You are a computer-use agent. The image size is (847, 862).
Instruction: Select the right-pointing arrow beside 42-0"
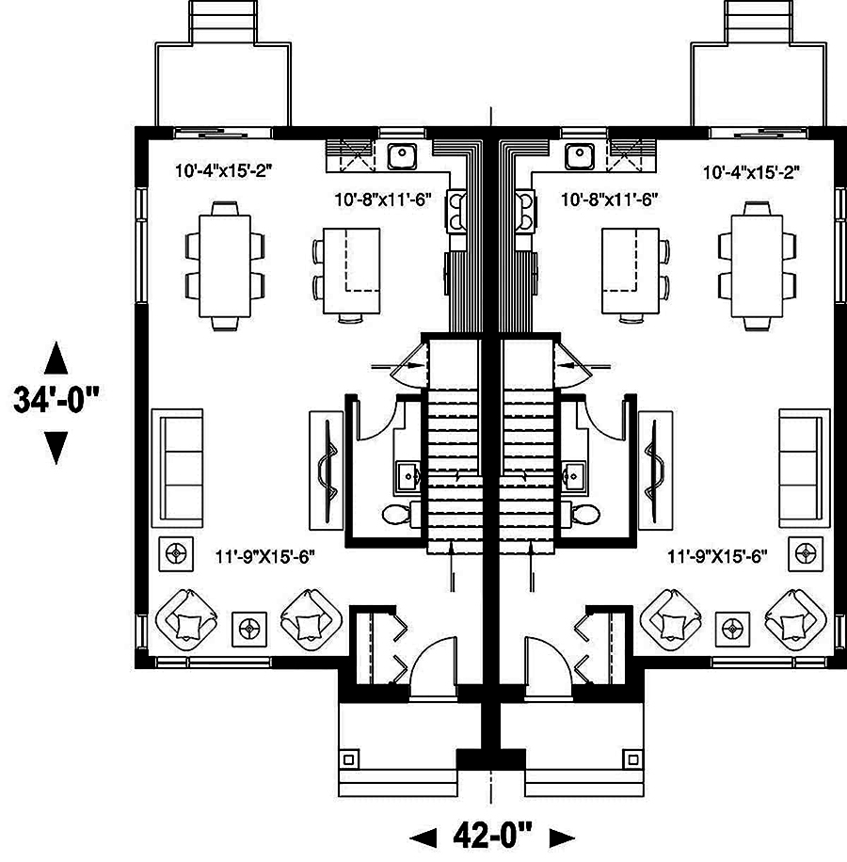562,836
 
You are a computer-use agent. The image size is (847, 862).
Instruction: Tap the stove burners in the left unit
456,210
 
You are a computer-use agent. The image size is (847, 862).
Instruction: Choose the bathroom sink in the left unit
408,473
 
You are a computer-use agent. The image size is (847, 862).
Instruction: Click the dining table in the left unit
224,266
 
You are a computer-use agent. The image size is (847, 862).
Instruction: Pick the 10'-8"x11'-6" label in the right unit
608,200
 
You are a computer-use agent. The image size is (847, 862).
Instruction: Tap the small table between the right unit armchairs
732,627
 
